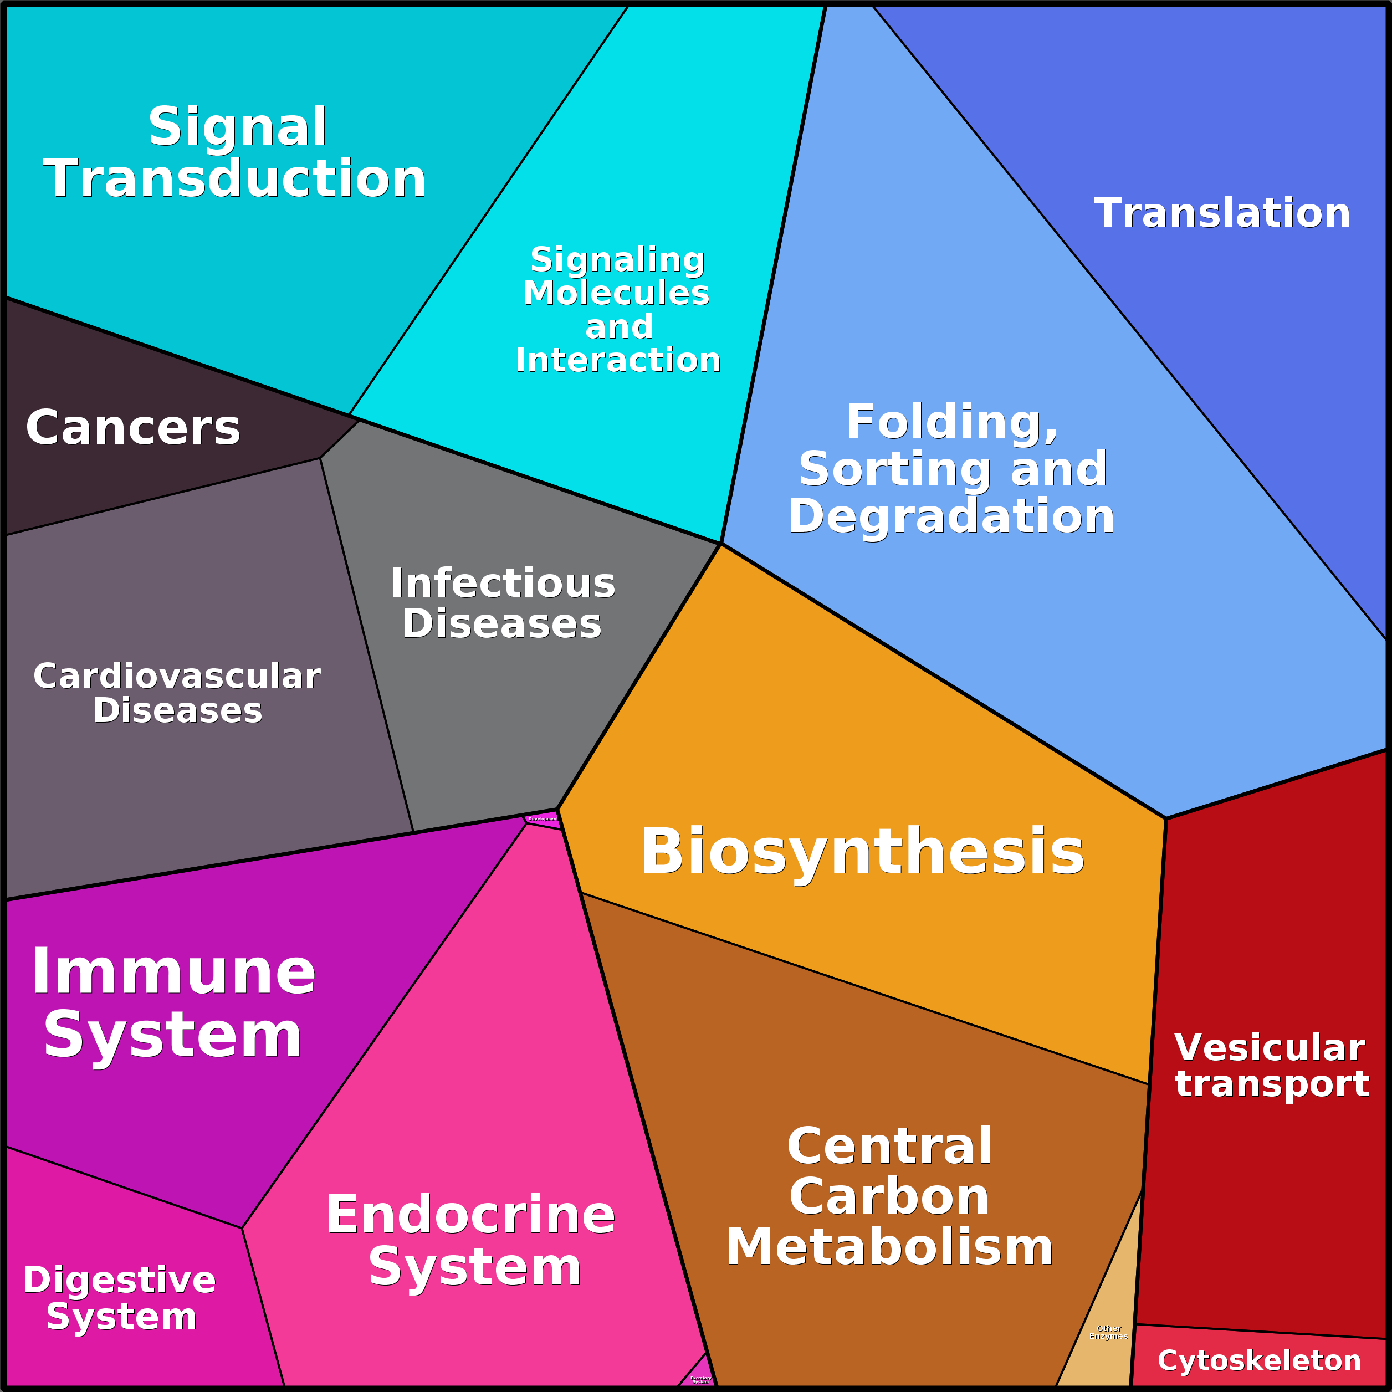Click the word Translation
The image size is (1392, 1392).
(1222, 213)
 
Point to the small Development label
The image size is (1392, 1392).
(543, 819)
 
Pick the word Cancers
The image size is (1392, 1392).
(132, 428)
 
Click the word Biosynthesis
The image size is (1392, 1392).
(862, 852)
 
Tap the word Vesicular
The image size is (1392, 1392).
(1270, 1048)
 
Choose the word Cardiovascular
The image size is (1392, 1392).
(177, 677)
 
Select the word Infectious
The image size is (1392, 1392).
(503, 584)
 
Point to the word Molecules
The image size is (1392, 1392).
(617, 293)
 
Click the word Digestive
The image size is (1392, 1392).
(120, 1280)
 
